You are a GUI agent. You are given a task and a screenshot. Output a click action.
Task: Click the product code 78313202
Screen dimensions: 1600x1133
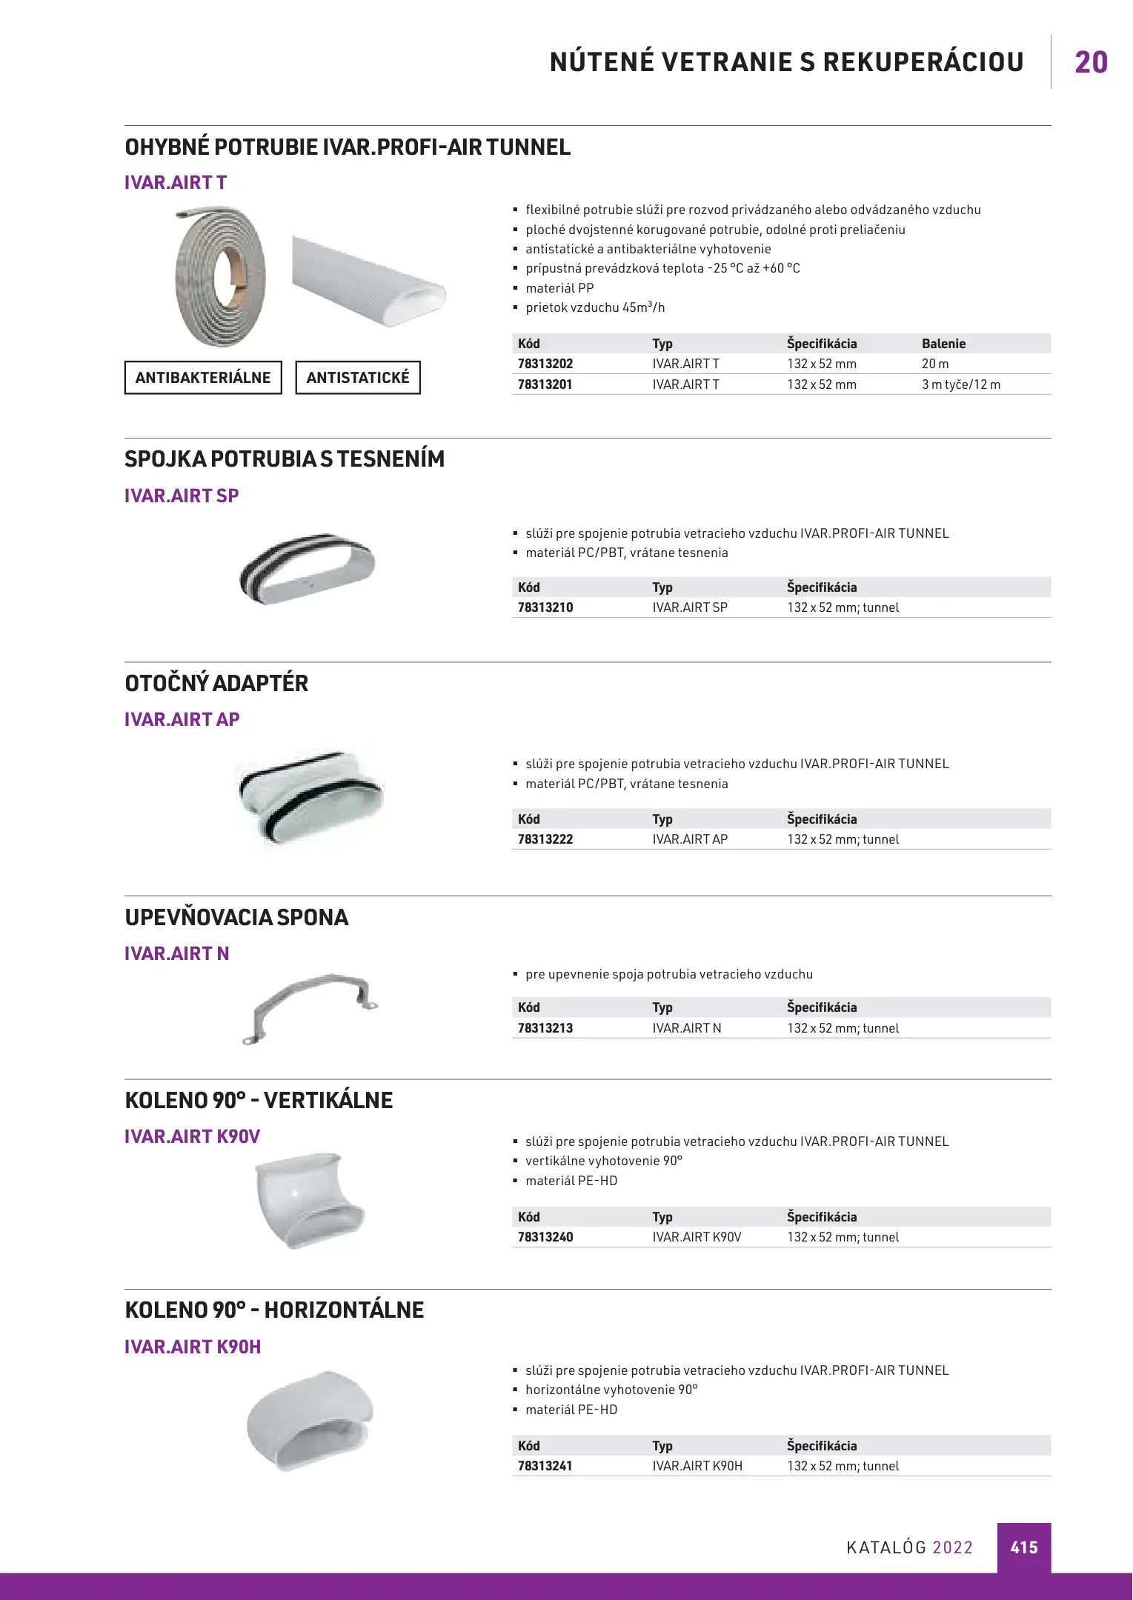click(x=545, y=364)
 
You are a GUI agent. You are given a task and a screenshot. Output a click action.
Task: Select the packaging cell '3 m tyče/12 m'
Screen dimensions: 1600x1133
click(x=960, y=384)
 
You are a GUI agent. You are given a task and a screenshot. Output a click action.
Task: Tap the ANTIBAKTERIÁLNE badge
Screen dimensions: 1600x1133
click(x=203, y=378)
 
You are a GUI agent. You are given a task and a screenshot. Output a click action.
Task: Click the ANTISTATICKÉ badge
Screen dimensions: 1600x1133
click(x=358, y=378)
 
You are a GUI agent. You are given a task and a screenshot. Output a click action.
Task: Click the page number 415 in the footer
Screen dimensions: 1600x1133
click(x=1023, y=1547)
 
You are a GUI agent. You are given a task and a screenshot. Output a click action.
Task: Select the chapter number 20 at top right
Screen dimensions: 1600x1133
click(x=1091, y=63)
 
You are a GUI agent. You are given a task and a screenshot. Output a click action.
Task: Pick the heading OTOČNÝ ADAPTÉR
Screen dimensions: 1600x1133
click(x=216, y=683)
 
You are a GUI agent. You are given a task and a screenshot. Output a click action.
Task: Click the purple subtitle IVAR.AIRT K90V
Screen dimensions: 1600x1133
click(x=192, y=1136)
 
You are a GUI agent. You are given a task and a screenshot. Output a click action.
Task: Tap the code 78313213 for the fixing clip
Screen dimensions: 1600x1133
click(x=545, y=1028)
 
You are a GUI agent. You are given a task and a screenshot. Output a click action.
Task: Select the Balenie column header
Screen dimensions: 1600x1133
click(x=943, y=344)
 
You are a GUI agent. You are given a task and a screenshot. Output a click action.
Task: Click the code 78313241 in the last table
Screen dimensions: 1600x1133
click(x=545, y=1466)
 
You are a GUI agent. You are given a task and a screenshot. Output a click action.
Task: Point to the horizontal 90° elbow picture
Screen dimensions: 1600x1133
click(x=310, y=1421)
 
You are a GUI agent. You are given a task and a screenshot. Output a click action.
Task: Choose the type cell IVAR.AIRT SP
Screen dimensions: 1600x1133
click(x=690, y=607)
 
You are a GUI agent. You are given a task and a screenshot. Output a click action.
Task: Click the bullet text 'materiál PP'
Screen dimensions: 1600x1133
click(x=559, y=288)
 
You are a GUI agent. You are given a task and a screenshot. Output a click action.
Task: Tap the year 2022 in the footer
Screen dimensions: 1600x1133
click(x=952, y=1547)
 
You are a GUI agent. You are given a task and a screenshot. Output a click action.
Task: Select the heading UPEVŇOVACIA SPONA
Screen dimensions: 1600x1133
click(x=236, y=917)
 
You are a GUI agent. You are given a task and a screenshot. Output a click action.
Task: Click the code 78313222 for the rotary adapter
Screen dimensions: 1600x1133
click(x=545, y=839)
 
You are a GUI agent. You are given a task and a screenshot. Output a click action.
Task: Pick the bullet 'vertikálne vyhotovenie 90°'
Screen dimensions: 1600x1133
click(x=604, y=1161)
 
